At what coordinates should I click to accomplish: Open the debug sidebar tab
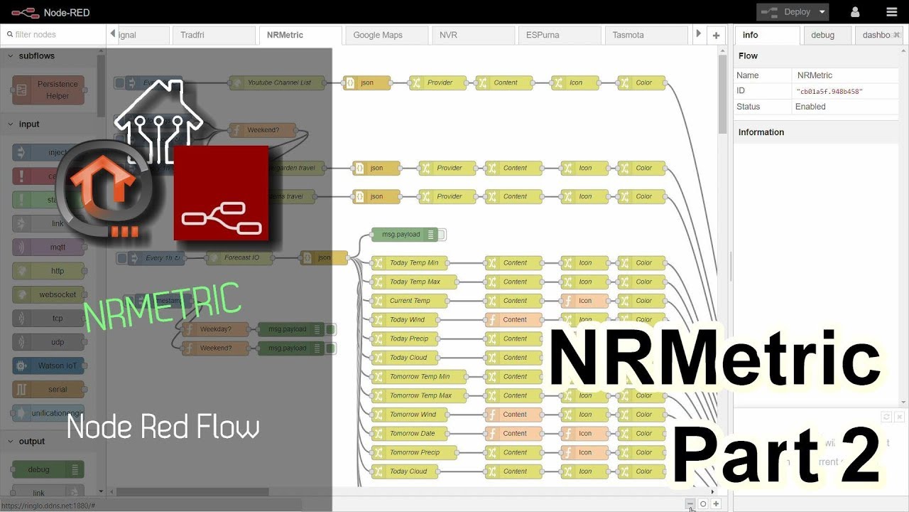[822, 35]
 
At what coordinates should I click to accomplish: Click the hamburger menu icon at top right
[891, 12]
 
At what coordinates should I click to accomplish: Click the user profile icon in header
[855, 12]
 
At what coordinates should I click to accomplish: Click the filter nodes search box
[53, 34]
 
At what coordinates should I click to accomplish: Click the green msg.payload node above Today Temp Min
[401, 235]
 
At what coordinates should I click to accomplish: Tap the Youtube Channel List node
[276, 82]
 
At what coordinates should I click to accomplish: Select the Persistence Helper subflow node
[49, 90]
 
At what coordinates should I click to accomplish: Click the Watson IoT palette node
[49, 366]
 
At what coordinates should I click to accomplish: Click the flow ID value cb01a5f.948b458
[829, 91]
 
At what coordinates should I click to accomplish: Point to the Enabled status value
[810, 107]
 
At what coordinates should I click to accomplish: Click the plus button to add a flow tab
[716, 35]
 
